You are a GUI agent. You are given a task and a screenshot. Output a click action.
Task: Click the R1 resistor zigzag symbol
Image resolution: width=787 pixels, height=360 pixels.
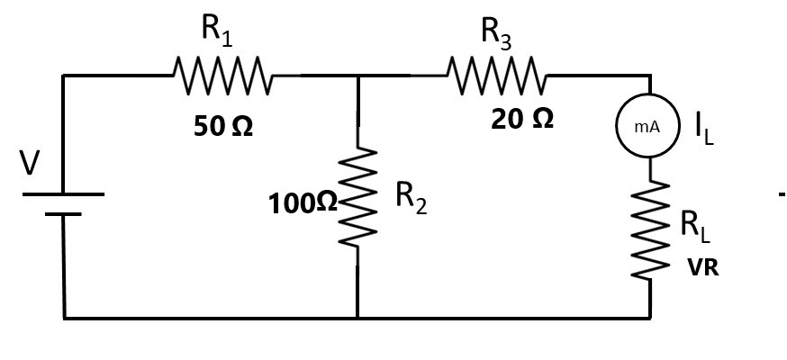(222, 76)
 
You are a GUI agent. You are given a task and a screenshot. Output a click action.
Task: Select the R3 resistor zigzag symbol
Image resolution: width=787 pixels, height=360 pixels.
(497, 76)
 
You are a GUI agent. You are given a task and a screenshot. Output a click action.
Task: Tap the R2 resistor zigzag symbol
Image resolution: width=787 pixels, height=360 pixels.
(357, 195)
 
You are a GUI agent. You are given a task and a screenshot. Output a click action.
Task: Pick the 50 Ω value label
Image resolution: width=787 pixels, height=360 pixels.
(223, 126)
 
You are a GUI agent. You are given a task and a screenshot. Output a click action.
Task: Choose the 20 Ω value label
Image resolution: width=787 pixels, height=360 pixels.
(522, 119)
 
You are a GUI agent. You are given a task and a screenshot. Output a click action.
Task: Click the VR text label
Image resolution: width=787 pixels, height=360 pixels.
(702, 267)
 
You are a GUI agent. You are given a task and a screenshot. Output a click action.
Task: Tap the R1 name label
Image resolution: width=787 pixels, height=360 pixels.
(217, 31)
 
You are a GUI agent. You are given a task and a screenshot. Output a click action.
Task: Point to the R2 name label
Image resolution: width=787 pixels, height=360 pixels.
(412, 199)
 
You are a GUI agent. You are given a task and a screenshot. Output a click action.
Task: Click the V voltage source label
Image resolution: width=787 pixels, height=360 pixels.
(31, 163)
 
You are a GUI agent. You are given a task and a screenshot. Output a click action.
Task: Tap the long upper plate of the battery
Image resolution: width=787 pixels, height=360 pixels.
(63, 193)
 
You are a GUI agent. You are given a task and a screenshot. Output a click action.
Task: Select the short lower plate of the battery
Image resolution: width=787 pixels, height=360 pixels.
(63, 214)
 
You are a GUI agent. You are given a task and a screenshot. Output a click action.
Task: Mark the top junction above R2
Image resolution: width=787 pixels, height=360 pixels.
(357, 76)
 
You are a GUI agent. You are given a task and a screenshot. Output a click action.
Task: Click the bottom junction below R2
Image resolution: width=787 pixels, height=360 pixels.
(357, 318)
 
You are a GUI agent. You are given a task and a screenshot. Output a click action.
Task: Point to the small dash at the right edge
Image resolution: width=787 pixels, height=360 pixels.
(782, 194)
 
